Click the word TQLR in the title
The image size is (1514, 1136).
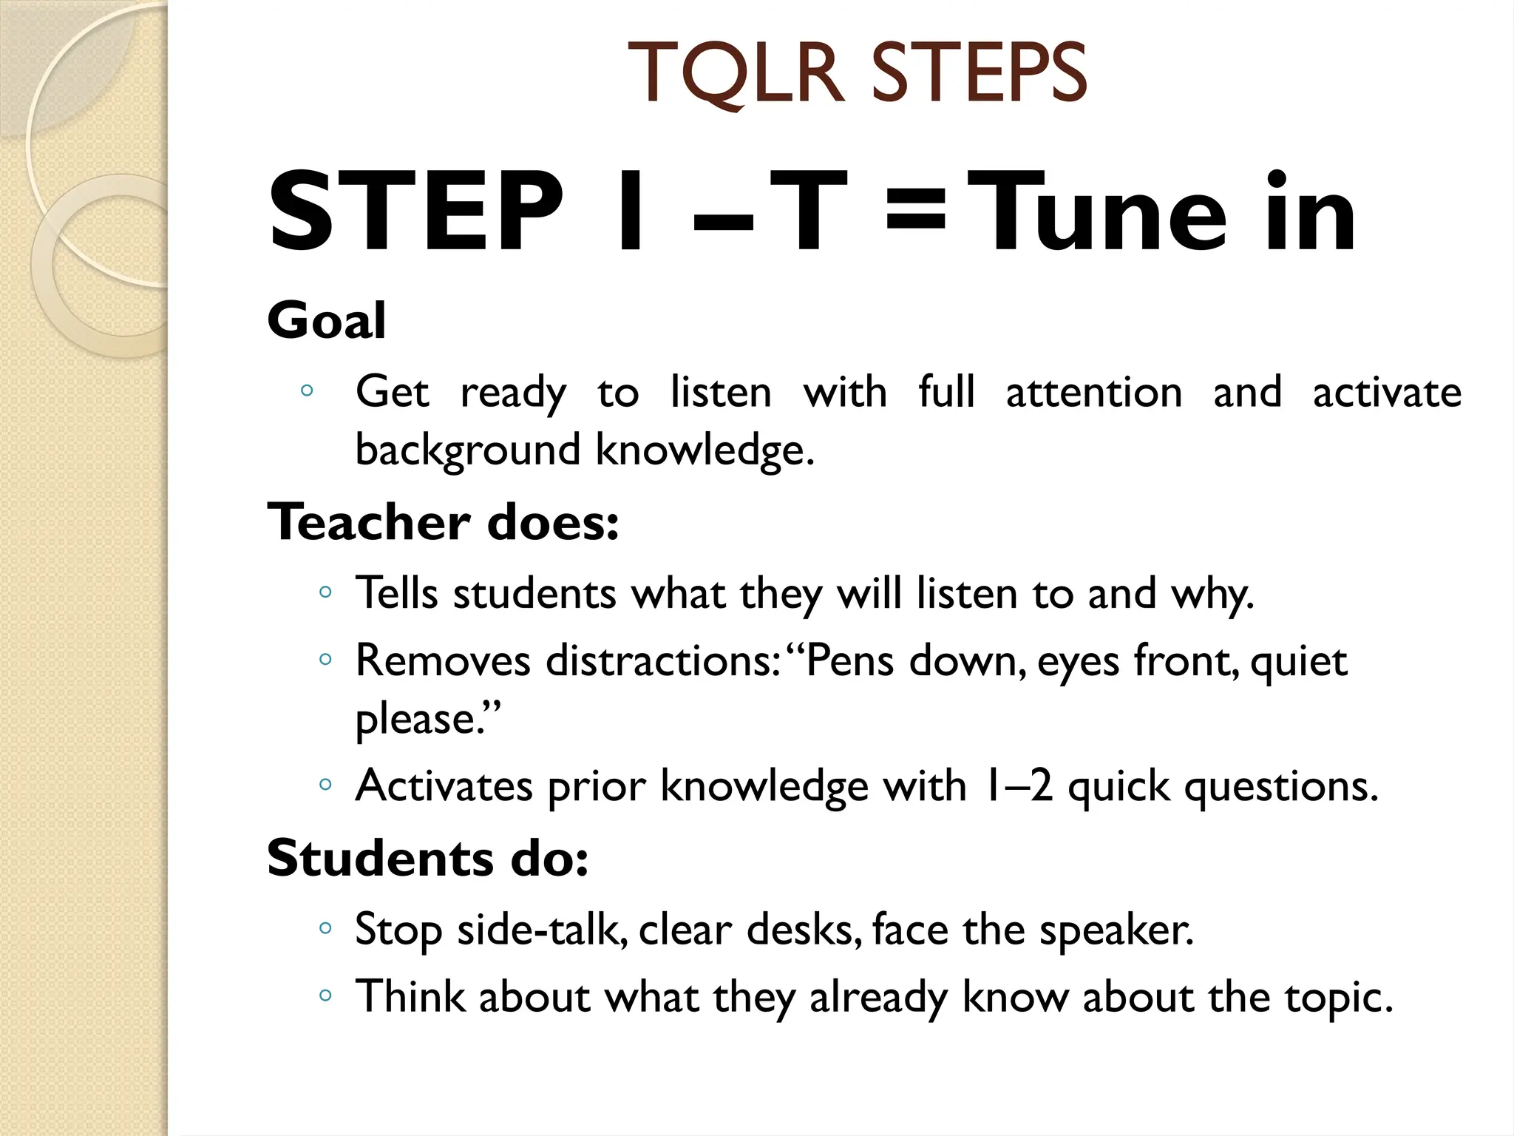[736, 74]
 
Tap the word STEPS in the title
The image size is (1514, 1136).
[980, 74]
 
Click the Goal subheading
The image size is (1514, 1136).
[326, 321]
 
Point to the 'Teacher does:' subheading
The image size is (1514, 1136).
[443, 522]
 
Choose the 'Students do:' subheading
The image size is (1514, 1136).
[427, 859]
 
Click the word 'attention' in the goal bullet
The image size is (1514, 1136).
[1094, 392]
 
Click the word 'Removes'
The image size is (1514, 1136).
[443, 660]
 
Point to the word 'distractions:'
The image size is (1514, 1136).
[662, 660]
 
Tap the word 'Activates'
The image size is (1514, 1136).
[444, 785]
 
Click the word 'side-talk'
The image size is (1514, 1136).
[542, 929]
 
